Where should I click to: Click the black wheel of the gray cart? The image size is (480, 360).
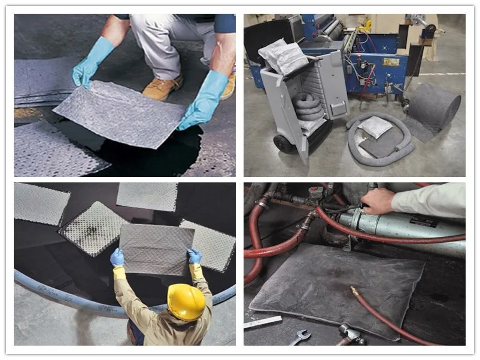[282, 144]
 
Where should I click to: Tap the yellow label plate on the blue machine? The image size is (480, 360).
[391, 62]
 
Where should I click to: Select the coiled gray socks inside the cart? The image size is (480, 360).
[309, 107]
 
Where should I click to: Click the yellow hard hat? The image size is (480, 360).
[186, 301]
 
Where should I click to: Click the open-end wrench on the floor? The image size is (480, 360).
[300, 338]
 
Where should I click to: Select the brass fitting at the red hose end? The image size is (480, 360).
[355, 291]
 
